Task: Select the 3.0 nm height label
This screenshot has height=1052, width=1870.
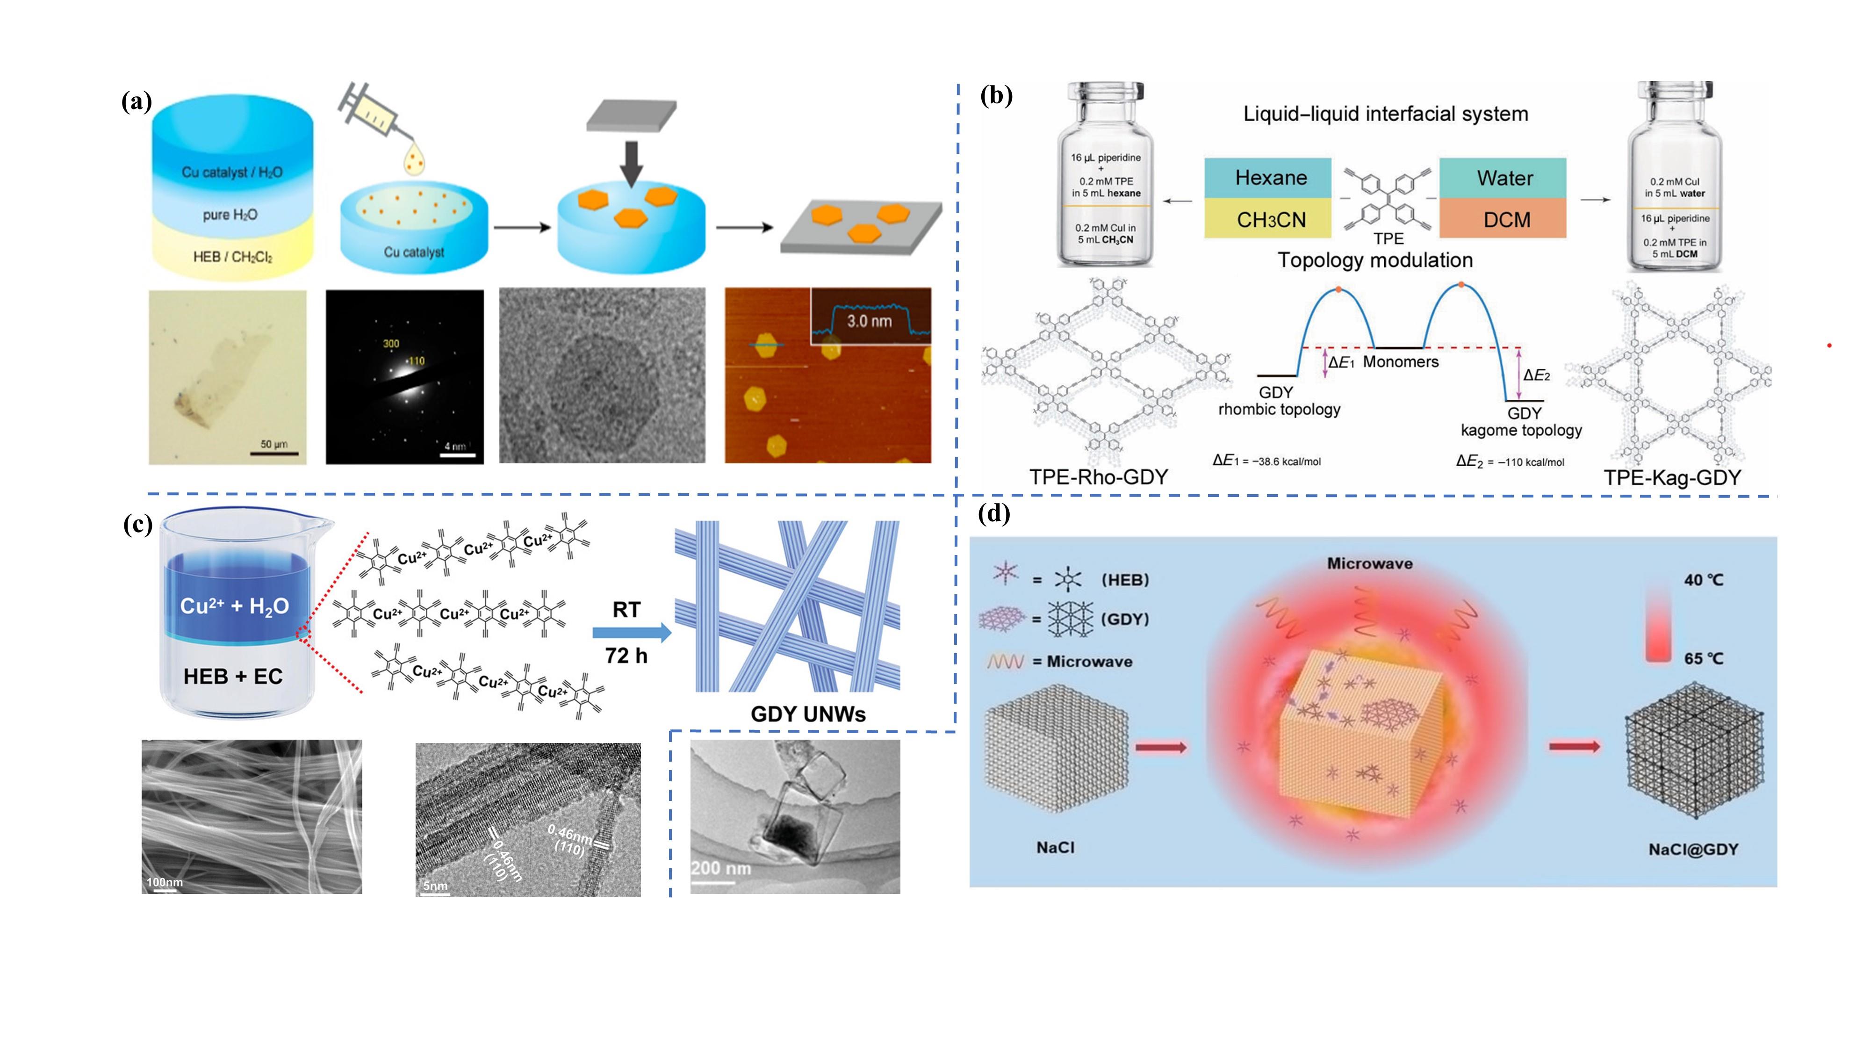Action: [x=869, y=321]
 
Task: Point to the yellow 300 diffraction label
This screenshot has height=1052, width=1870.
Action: [x=390, y=343]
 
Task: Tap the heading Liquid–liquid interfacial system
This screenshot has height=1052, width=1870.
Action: [x=1386, y=114]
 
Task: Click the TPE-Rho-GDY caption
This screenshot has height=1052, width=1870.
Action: [x=1098, y=477]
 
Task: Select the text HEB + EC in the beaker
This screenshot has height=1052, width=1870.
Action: [x=232, y=677]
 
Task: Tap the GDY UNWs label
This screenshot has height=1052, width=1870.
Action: [x=808, y=713]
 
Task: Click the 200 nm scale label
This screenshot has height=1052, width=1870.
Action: [x=720, y=868]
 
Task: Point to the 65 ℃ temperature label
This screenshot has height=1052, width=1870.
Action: [x=1703, y=658]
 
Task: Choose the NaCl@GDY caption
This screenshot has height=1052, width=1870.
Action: [x=1693, y=849]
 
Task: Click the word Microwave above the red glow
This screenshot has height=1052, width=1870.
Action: [x=1370, y=563]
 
